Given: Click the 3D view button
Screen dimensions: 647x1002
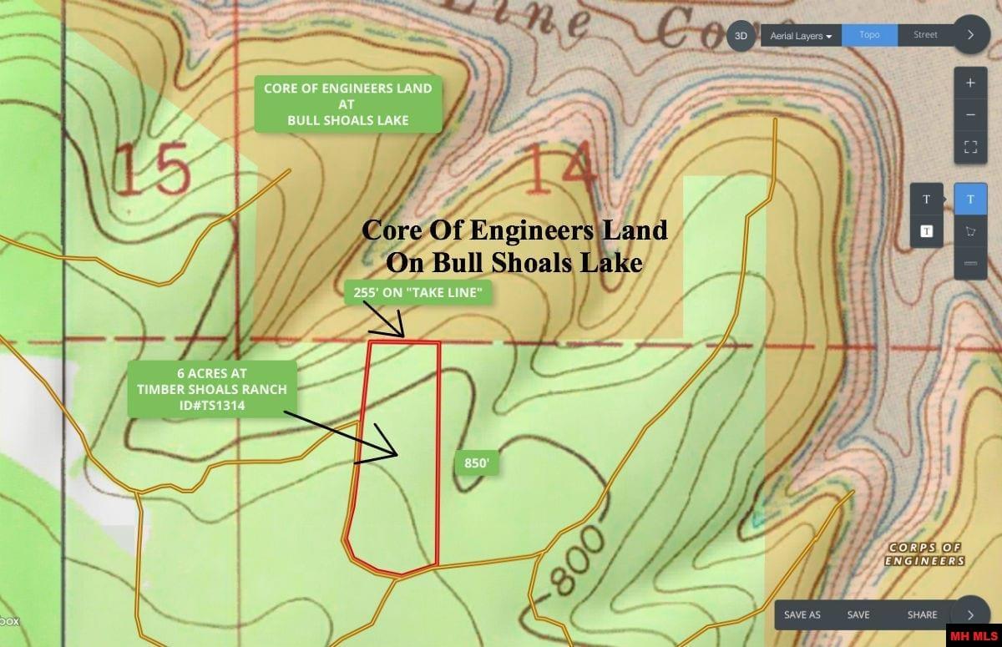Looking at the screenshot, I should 741,36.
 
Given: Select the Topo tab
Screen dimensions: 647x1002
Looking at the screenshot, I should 869,35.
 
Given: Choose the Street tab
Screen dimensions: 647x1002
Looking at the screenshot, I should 925,35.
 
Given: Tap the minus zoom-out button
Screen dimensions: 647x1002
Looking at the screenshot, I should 970,115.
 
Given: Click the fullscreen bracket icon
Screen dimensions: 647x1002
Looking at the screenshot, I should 970,147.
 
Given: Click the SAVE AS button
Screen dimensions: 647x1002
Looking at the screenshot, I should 802,614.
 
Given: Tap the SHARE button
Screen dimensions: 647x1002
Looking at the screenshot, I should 922,614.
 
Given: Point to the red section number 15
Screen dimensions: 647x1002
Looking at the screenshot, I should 151,169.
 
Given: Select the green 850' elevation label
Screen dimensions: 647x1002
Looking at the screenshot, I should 476,464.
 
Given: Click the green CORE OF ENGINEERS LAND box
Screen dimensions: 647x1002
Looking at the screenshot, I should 347,104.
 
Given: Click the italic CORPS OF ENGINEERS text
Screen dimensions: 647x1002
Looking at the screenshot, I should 925,553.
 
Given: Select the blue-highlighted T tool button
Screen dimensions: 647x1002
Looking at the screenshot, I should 970,200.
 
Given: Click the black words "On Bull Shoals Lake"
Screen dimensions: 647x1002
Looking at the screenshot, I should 514,261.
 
